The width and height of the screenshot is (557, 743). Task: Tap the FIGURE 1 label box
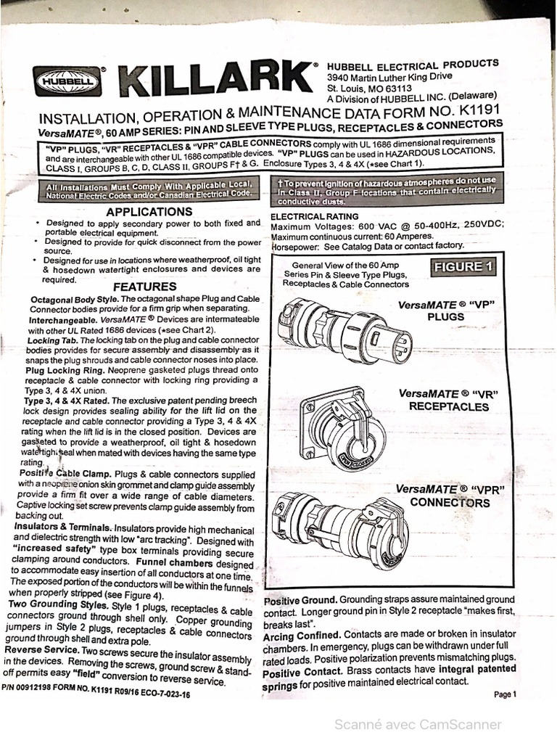pyautogui.click(x=463, y=267)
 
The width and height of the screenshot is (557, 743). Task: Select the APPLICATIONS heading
pyautogui.click(x=149, y=212)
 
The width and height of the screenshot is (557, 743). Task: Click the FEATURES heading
pyautogui.click(x=144, y=287)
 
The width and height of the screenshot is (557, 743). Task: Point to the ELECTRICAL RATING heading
pyautogui.click(x=314, y=216)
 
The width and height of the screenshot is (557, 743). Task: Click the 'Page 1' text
pyautogui.click(x=505, y=694)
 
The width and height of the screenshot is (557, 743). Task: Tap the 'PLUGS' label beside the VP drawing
pyautogui.click(x=445, y=316)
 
